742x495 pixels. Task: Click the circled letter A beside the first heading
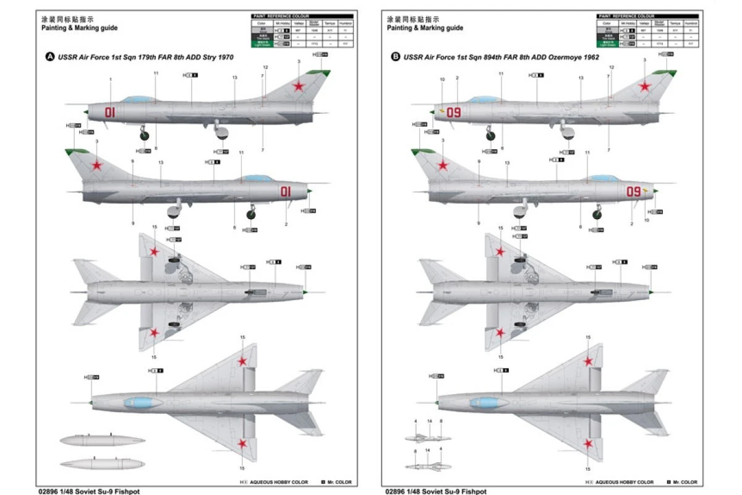pos(50,57)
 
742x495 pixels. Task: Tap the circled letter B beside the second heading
pos(396,57)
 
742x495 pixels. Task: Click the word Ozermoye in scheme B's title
pos(560,57)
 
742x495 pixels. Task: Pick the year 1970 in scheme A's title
pos(226,57)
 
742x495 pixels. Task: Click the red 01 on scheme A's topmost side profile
pos(110,112)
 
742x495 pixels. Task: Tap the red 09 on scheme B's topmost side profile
pos(454,112)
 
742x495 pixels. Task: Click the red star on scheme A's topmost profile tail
pos(299,87)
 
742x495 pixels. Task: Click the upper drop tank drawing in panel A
pos(95,441)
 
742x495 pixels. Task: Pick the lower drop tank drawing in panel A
pos(95,463)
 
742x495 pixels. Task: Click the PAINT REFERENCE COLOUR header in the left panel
pos(280,16)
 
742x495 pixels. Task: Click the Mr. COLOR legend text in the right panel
pos(685,482)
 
